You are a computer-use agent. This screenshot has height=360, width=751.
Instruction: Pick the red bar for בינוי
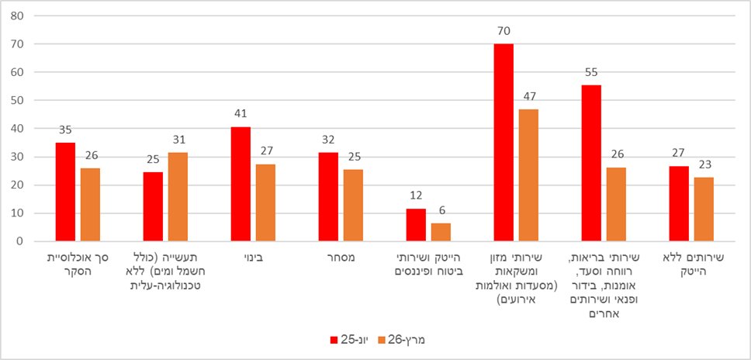(x=241, y=184)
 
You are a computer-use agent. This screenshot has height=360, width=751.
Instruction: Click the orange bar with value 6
(x=441, y=232)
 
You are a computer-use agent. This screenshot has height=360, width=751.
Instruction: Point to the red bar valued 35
(x=65, y=192)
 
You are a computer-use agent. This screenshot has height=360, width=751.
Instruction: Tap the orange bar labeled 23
(x=704, y=209)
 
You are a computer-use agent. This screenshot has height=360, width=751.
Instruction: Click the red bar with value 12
(x=416, y=224)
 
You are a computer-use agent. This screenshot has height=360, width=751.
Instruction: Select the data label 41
(x=241, y=114)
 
